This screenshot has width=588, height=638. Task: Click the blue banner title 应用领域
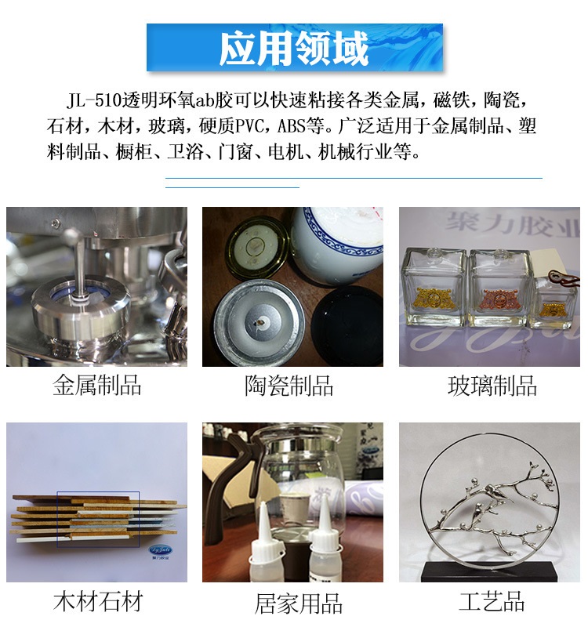coord(294,49)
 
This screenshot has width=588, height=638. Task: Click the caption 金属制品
coord(97,386)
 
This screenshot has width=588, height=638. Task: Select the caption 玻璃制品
coord(492,386)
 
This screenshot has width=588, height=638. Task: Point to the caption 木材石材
coord(98,603)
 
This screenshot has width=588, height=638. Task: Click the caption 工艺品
coord(492,603)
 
